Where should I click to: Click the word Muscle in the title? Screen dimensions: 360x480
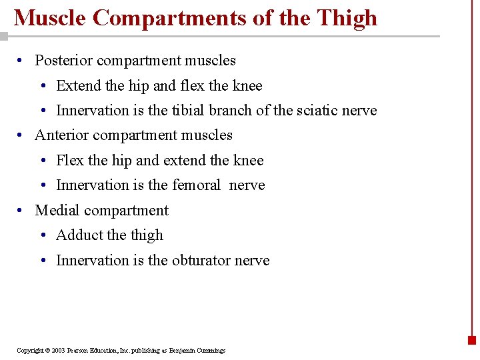click(51, 18)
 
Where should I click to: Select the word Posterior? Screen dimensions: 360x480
click(65, 61)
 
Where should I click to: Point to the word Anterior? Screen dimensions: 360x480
click(61, 135)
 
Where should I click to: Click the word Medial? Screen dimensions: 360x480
click(57, 211)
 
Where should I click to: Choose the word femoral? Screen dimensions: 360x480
click(196, 185)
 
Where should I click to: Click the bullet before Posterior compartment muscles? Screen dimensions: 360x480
click(22, 61)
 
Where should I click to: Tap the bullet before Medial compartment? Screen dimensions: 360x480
click(22, 211)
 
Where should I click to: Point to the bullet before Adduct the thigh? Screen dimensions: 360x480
click(43, 235)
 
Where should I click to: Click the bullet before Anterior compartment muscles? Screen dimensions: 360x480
click(22, 135)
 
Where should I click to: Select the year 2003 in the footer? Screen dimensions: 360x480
click(57, 351)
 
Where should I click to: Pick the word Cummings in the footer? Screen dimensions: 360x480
click(212, 351)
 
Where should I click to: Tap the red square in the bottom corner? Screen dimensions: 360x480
click(472, 340)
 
